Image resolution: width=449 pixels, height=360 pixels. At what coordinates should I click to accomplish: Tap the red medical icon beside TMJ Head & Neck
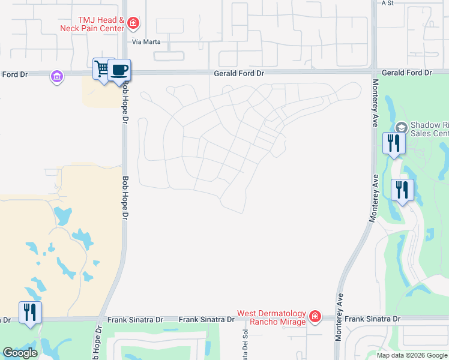[133, 24]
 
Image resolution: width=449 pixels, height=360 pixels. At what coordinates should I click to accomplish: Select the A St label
[387, 3]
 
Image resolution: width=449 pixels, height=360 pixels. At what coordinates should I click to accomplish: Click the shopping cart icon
[102, 70]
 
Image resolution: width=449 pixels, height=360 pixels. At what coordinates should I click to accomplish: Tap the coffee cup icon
[119, 70]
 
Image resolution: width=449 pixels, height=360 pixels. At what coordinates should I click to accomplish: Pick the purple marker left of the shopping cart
[57, 77]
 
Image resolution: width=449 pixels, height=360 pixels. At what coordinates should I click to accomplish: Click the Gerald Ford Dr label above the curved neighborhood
[239, 73]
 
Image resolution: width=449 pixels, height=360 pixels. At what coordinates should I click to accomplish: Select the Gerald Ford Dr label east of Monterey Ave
[406, 73]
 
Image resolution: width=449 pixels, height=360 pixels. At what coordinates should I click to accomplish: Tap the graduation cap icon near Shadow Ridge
[401, 128]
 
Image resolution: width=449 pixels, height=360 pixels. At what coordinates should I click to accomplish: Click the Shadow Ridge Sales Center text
[429, 128]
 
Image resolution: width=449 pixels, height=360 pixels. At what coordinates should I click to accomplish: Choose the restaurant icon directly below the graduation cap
[394, 143]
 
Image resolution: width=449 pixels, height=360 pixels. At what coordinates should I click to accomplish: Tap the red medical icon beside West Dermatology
[315, 316]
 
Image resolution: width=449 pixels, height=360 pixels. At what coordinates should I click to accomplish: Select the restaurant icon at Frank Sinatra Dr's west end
[29, 313]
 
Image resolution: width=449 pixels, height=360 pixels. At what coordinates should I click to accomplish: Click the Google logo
[20, 353]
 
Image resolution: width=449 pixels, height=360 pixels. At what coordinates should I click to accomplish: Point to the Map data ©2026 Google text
[412, 355]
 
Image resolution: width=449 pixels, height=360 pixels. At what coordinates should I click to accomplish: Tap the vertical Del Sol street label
[244, 341]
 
